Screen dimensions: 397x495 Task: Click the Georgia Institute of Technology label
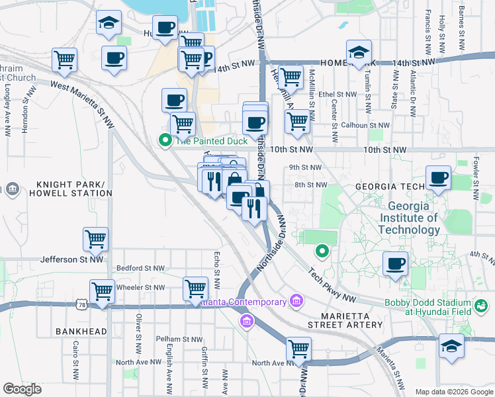point(409,218)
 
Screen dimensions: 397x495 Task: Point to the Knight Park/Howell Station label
point(66,189)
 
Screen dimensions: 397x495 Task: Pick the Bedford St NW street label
point(140,268)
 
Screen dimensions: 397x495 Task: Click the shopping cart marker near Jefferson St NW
point(96,240)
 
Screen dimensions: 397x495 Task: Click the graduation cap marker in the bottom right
point(452,347)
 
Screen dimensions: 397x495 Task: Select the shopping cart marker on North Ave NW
point(299,348)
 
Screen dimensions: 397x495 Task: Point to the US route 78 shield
point(81,304)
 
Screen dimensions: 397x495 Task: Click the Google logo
point(22,388)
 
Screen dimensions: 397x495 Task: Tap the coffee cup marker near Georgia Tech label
point(438,177)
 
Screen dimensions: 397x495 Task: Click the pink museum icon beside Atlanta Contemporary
point(296,302)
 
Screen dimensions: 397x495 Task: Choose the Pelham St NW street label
point(177,339)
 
